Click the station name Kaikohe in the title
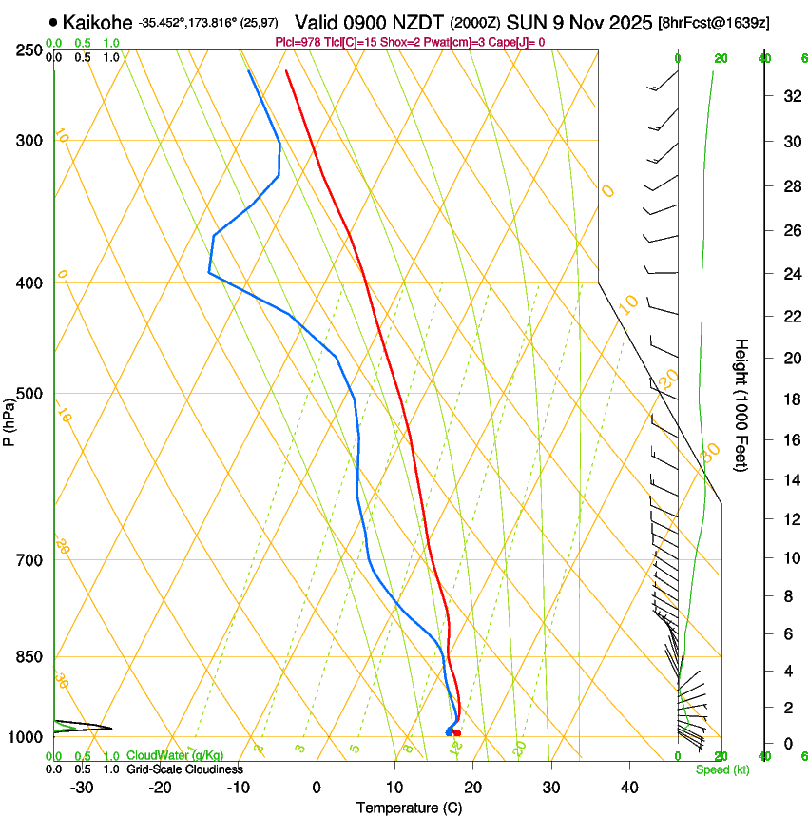(x=97, y=22)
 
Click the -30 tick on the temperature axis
(x=82, y=788)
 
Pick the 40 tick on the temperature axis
(x=629, y=788)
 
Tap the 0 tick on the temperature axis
(x=317, y=788)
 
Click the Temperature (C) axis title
(x=409, y=808)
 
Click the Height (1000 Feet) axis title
(x=741, y=405)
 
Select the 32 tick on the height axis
(x=790, y=96)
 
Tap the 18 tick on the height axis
(x=790, y=399)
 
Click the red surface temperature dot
(x=457, y=732)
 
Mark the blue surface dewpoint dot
(x=449, y=731)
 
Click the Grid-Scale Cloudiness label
(x=184, y=769)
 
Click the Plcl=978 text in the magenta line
(x=297, y=43)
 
